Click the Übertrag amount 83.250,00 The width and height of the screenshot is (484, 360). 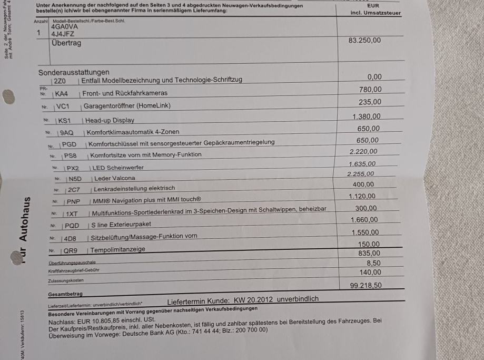tap(364, 40)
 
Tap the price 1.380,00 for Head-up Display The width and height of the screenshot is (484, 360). tap(366, 116)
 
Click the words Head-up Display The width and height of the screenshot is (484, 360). tap(110, 120)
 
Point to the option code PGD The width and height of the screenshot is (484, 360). tap(68, 144)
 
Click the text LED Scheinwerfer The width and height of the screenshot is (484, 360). tap(118, 168)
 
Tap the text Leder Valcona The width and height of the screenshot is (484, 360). tap(114, 178)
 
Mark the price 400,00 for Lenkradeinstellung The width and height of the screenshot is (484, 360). tap(363, 184)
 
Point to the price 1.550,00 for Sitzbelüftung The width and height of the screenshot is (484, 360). tap(364, 232)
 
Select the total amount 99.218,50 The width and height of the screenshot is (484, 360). tap(366, 285)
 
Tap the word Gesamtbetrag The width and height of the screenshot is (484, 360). tap(65, 294)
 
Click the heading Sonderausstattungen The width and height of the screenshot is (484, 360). tap(74, 72)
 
